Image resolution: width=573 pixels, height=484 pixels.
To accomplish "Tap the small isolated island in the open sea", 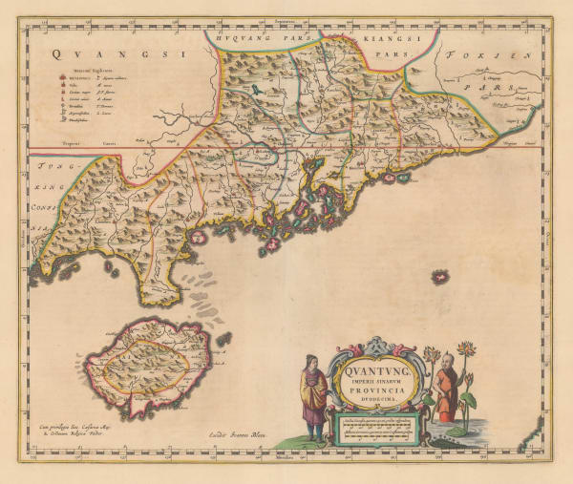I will [441, 277].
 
